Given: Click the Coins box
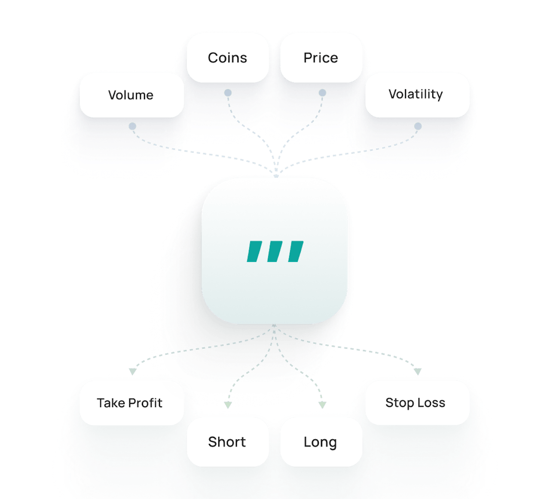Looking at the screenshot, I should tap(228, 58).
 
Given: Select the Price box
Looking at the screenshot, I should tap(321, 58).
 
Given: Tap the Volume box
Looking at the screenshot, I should tap(131, 95).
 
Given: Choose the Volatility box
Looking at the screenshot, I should tap(416, 94).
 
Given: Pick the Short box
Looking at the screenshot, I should tap(227, 442).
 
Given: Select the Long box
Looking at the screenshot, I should tap(321, 442).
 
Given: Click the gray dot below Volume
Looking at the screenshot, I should tap(132, 126).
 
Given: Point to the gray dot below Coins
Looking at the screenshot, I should tap(228, 93).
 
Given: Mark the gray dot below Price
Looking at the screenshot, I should tap(322, 93).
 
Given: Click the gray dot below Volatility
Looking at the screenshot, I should tap(418, 126).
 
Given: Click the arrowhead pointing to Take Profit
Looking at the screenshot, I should tap(133, 371).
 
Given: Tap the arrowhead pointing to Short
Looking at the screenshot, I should tap(228, 405).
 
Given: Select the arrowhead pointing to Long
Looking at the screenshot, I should tap(322, 405).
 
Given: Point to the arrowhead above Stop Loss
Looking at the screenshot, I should tap(417, 371).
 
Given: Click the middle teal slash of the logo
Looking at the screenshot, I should tap(275, 252).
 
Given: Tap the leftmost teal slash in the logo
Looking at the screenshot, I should tap(254, 252).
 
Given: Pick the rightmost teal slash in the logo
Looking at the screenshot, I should tap(296, 252).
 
